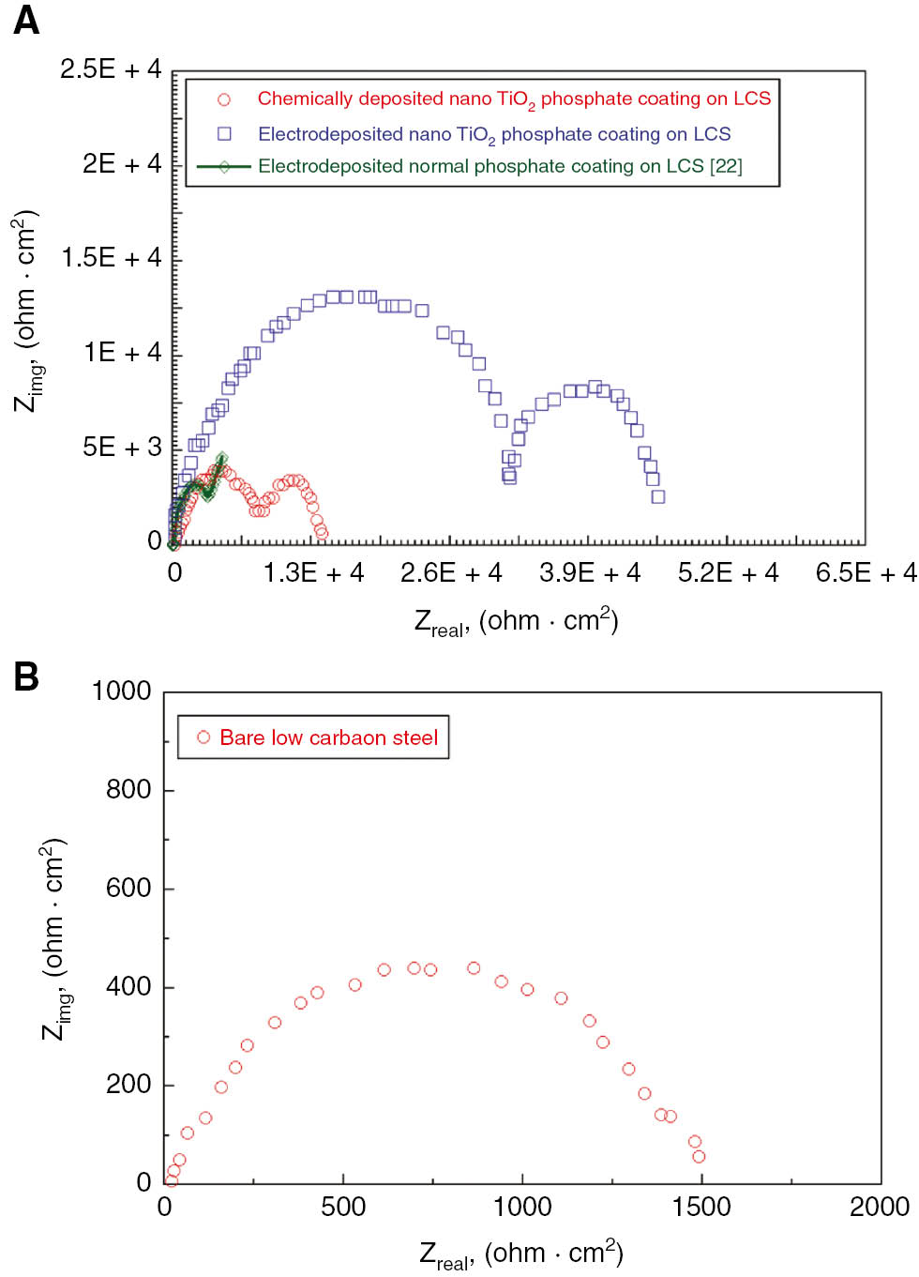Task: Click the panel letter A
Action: [x=26, y=20]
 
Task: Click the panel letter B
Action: [x=26, y=677]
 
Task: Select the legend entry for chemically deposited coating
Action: [x=513, y=99]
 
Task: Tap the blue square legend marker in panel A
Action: [x=224, y=134]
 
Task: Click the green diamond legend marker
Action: [x=224, y=167]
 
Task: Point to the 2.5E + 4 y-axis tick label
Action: [x=111, y=69]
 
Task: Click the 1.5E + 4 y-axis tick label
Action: [x=111, y=258]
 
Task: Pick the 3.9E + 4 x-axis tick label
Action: [x=589, y=573]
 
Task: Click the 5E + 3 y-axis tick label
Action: [x=122, y=448]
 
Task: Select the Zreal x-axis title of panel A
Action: [x=516, y=622]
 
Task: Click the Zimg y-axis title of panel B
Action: [x=54, y=938]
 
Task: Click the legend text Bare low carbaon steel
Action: [x=328, y=737]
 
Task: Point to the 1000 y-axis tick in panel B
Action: [x=121, y=692]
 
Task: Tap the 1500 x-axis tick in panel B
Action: [x=701, y=1207]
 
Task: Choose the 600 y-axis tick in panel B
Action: [x=128, y=888]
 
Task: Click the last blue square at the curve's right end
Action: [x=658, y=496]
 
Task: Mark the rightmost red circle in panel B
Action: [x=699, y=1156]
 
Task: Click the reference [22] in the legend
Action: [x=726, y=167]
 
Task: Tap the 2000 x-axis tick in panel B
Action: [x=879, y=1207]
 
